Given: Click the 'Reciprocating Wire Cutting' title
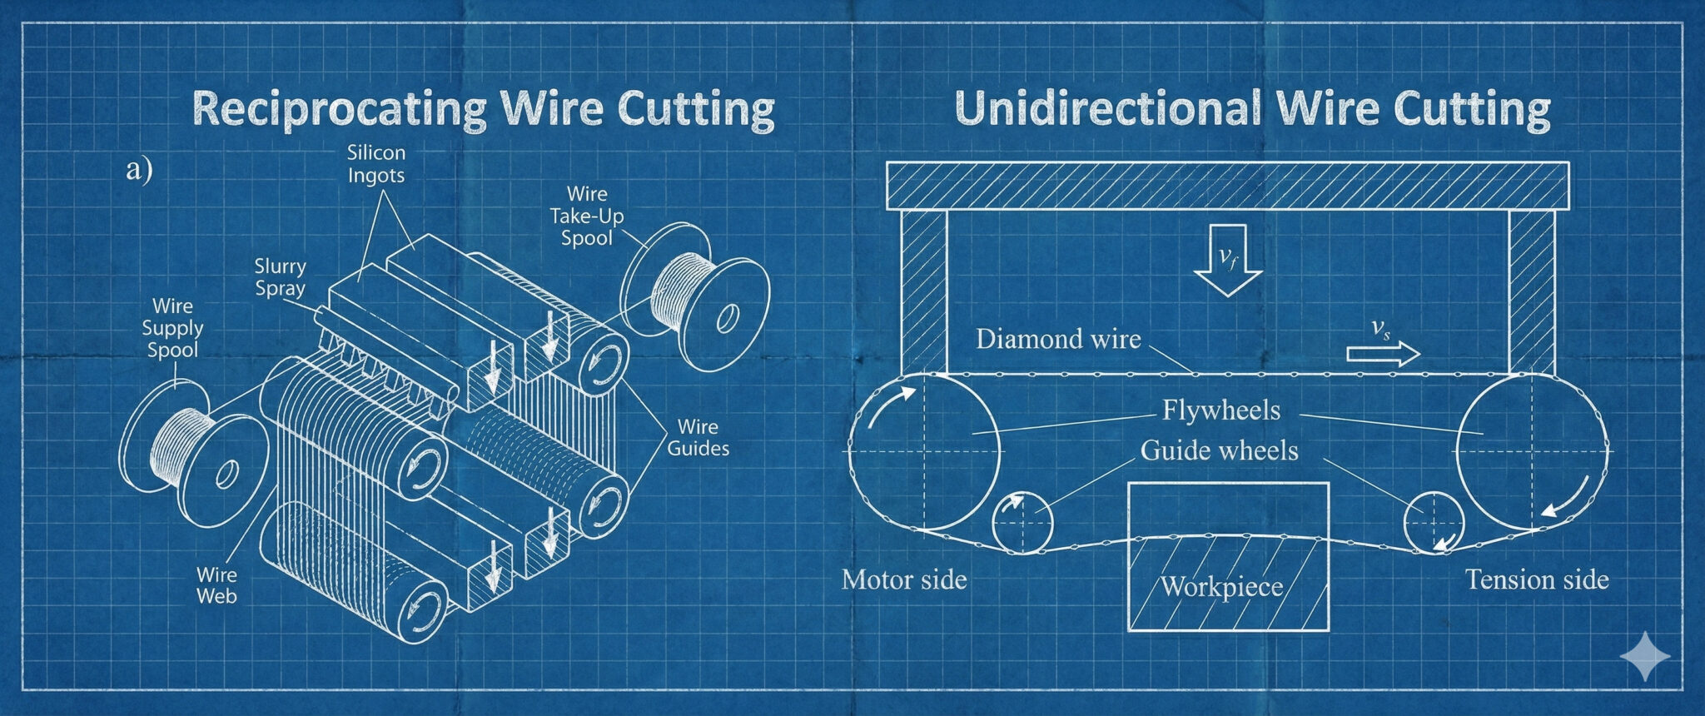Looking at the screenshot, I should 483,108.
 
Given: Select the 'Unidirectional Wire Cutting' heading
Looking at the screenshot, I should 1251,108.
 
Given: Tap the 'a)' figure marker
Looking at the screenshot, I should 139,170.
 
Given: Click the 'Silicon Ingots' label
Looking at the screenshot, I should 376,164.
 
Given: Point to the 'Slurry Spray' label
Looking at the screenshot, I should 280,277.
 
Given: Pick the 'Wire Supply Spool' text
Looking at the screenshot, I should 172,328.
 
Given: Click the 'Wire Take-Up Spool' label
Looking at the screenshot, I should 587,216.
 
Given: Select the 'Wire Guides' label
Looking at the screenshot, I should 698,438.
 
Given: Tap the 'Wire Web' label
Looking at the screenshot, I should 216,585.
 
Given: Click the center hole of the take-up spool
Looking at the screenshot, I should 728,318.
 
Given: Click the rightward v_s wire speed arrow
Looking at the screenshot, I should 1383,354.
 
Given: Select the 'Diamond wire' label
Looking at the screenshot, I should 1058,340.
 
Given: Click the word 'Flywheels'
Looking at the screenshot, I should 1221,410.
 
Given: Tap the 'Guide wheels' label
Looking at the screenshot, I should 1219,451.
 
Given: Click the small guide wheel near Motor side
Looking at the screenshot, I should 1022,523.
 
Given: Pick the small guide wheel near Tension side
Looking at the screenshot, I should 1434,523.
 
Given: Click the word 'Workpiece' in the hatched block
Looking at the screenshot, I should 1222,587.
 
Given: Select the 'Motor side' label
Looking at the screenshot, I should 904,579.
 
